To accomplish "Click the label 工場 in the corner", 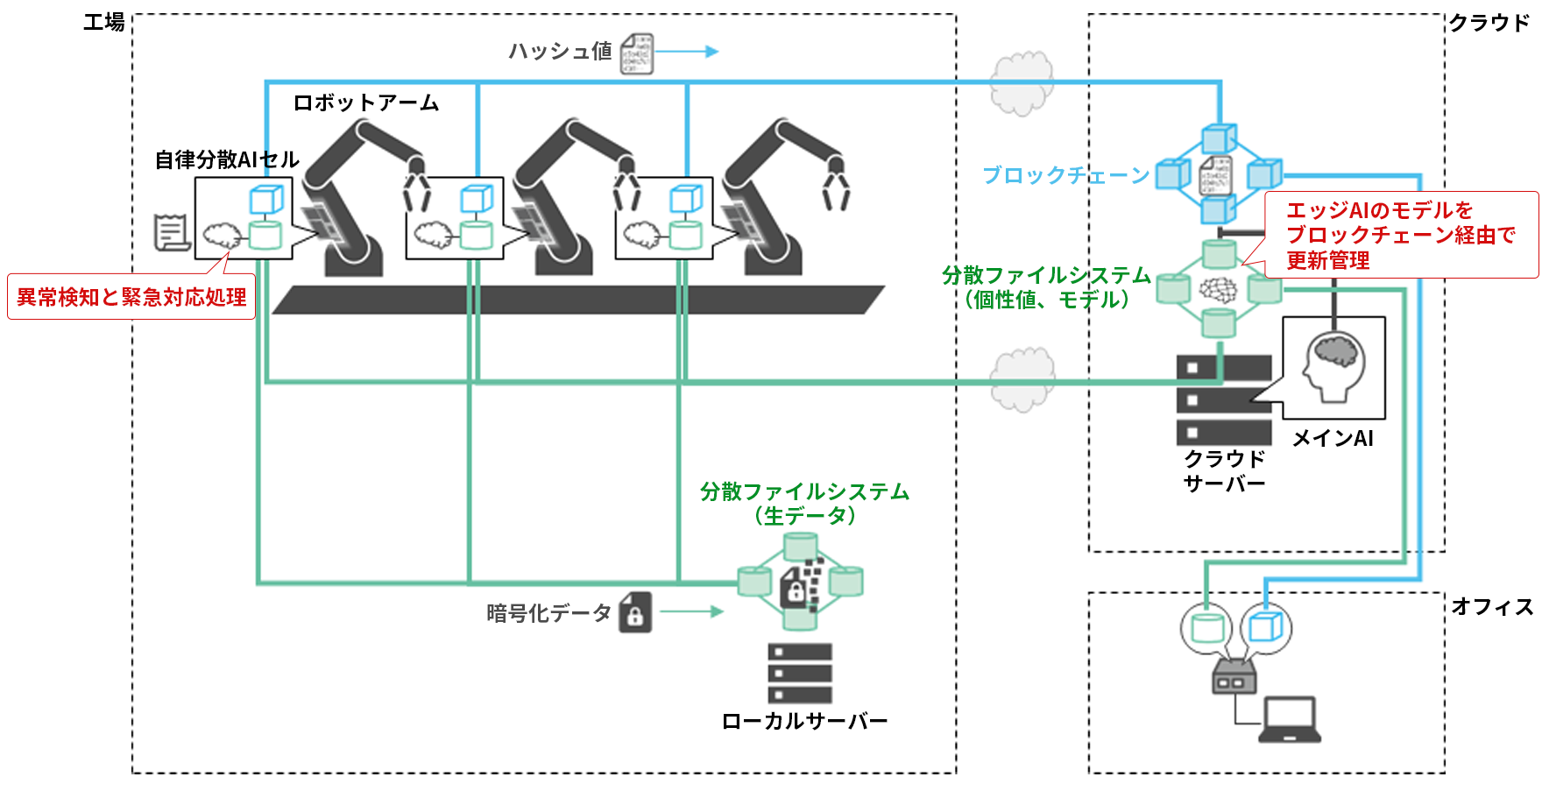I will pyautogui.click(x=103, y=23).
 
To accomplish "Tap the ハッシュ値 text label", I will pyautogui.click(x=560, y=52).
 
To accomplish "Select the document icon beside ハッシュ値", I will pyautogui.click(x=637, y=53).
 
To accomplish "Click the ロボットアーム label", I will pyautogui.click(x=365, y=103).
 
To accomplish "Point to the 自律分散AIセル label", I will pyautogui.click(x=227, y=159).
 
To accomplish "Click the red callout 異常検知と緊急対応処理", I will pyautogui.click(x=131, y=297).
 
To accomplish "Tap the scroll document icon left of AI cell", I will pyautogui.click(x=171, y=232).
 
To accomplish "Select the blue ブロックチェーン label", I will pyautogui.click(x=1065, y=175).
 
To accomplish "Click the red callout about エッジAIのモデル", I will pyautogui.click(x=1401, y=235).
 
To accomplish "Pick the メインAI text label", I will pyautogui.click(x=1333, y=438).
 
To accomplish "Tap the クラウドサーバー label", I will pyautogui.click(x=1224, y=471).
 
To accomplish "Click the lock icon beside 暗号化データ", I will pyautogui.click(x=635, y=612).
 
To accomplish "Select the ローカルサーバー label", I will pyautogui.click(x=804, y=721).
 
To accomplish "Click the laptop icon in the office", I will pyautogui.click(x=1290, y=720).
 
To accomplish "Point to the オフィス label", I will pyautogui.click(x=1491, y=606).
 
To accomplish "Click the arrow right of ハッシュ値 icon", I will pyautogui.click(x=687, y=52).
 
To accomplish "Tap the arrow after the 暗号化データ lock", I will pyautogui.click(x=691, y=611).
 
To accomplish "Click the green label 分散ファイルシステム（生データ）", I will pyautogui.click(x=804, y=504).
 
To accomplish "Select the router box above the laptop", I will pyautogui.click(x=1234, y=677).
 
